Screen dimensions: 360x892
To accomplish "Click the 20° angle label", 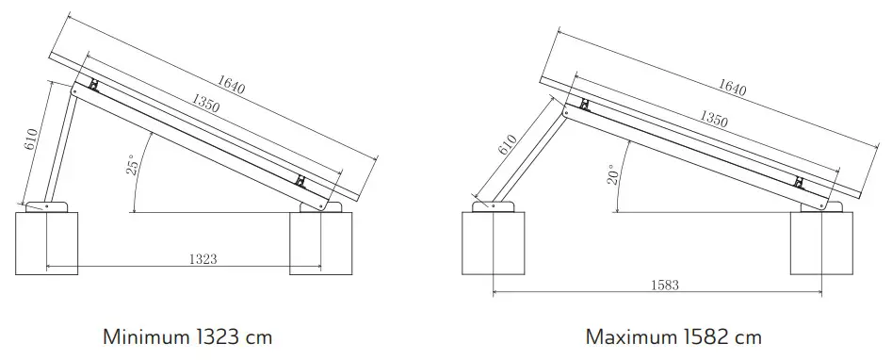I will [613, 174].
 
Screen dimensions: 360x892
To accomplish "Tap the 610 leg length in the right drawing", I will [507, 144].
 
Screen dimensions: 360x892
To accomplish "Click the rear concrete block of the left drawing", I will [47, 243].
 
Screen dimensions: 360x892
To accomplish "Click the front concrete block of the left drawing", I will [320, 243].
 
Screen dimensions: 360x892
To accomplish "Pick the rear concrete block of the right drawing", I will [492, 243].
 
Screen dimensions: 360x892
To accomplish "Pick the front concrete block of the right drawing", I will [820, 243].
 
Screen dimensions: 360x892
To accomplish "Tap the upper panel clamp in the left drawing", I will [93, 86].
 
